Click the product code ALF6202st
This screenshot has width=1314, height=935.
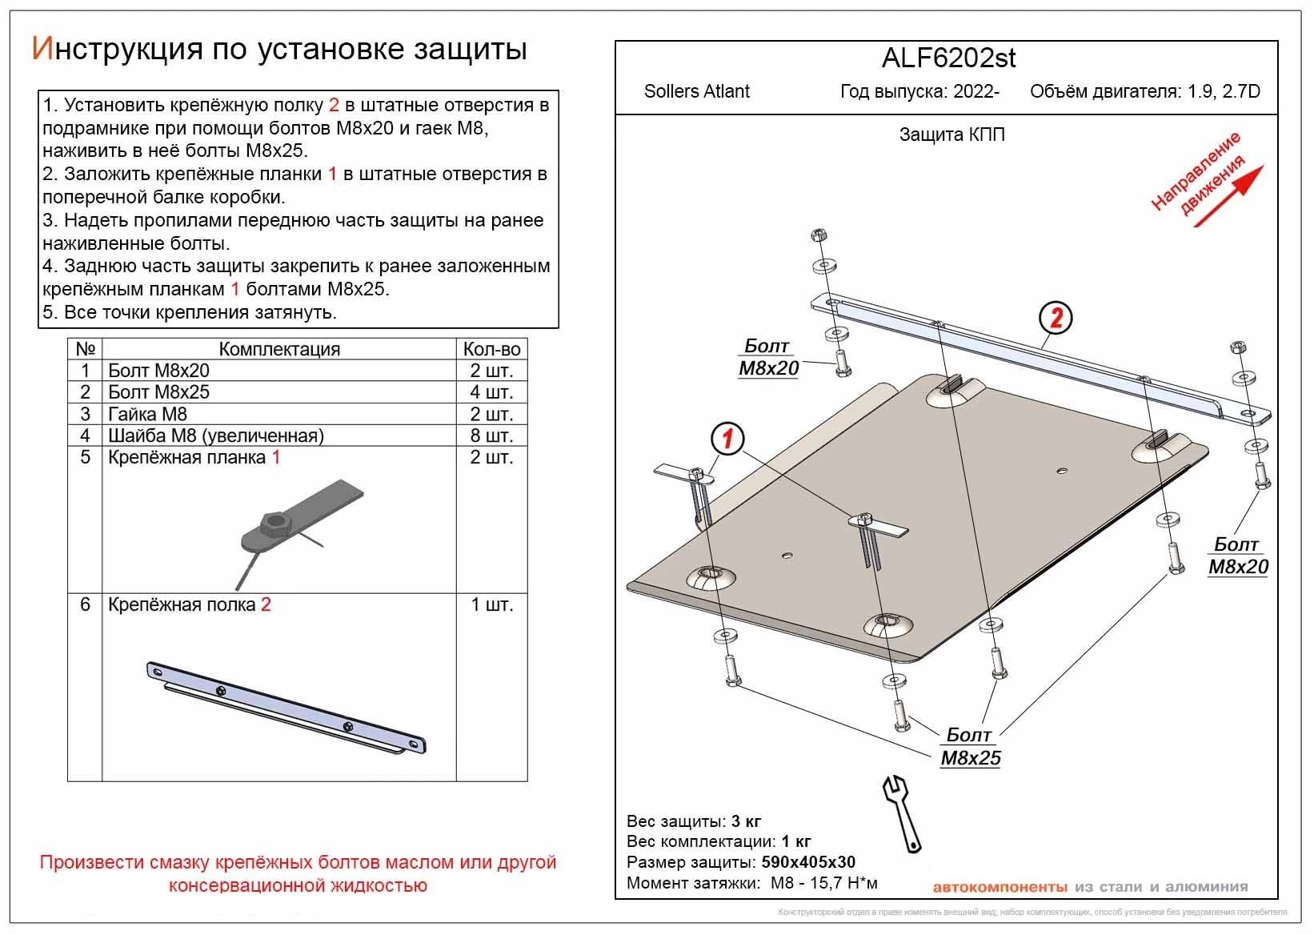coord(948,58)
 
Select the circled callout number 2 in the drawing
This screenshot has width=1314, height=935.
coord(1056,319)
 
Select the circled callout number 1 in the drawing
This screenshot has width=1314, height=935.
coord(727,439)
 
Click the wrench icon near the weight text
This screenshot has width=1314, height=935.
coord(903,813)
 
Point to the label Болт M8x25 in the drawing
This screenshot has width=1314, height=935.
coord(970,747)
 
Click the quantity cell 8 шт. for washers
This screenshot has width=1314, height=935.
coord(491,435)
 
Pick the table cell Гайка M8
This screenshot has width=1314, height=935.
coord(148,414)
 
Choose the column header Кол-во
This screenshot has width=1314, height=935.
coord(491,349)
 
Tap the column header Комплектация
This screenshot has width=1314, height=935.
coord(279,349)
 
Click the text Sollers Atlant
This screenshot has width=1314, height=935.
coord(696,91)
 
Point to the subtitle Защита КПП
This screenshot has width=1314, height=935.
coord(951,134)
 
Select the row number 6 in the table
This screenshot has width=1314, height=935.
coord(85,604)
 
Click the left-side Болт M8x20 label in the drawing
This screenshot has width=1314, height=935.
coord(768,357)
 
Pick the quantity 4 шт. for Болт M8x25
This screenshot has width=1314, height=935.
coord(491,392)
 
